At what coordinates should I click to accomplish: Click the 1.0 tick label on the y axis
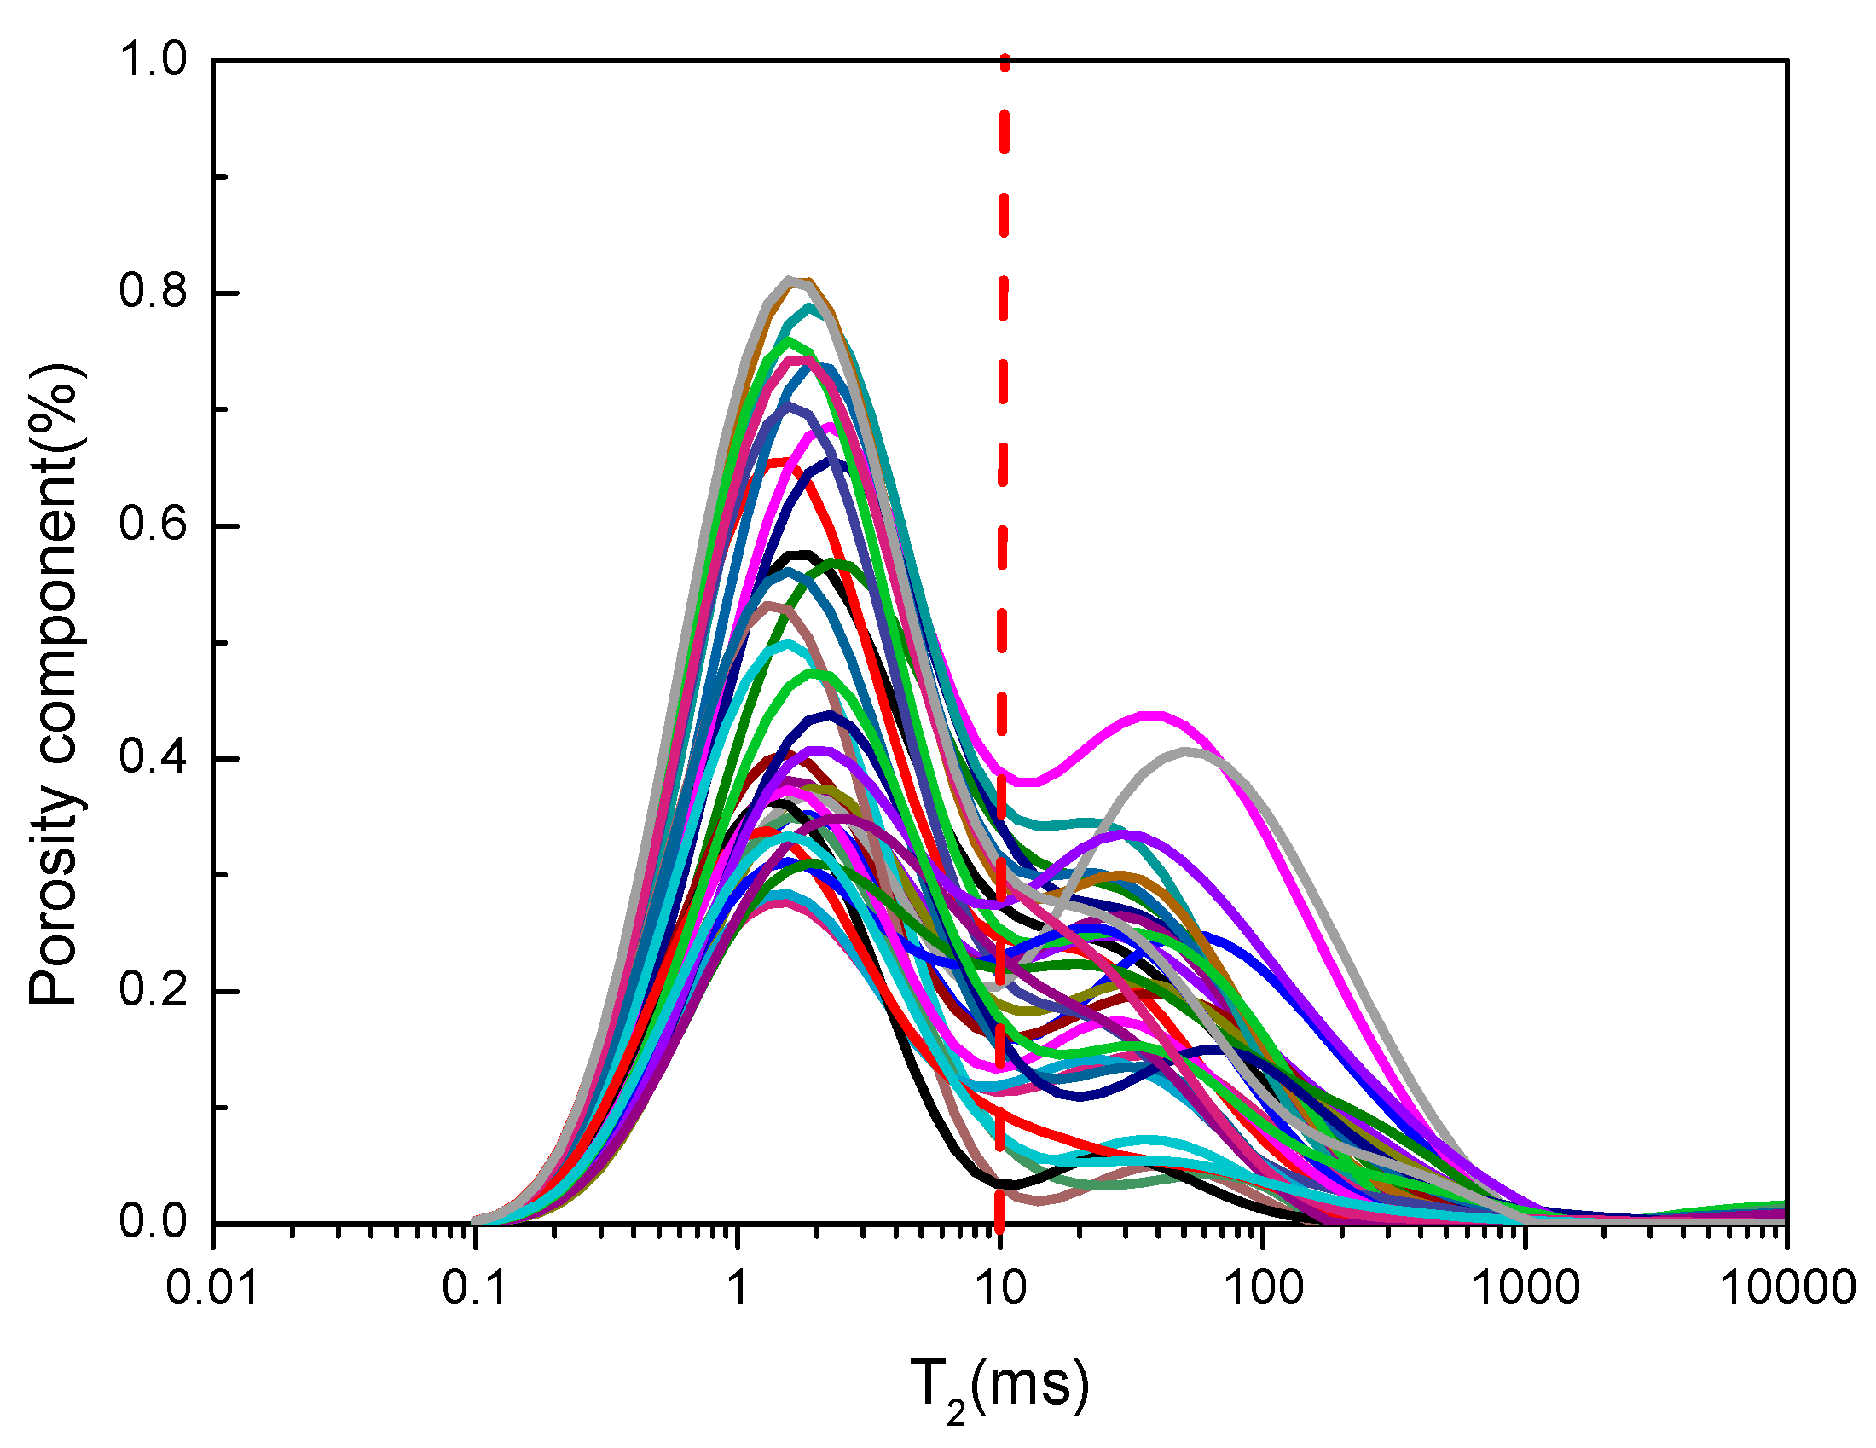click(152, 61)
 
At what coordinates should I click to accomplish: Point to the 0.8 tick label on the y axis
click(152, 292)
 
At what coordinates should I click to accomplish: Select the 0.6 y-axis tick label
click(152, 525)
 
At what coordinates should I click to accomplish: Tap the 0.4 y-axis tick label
click(152, 759)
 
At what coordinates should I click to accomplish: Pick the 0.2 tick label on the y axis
click(152, 991)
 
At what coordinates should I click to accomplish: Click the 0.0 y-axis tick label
click(152, 1223)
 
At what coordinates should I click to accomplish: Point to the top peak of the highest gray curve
click(789, 279)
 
